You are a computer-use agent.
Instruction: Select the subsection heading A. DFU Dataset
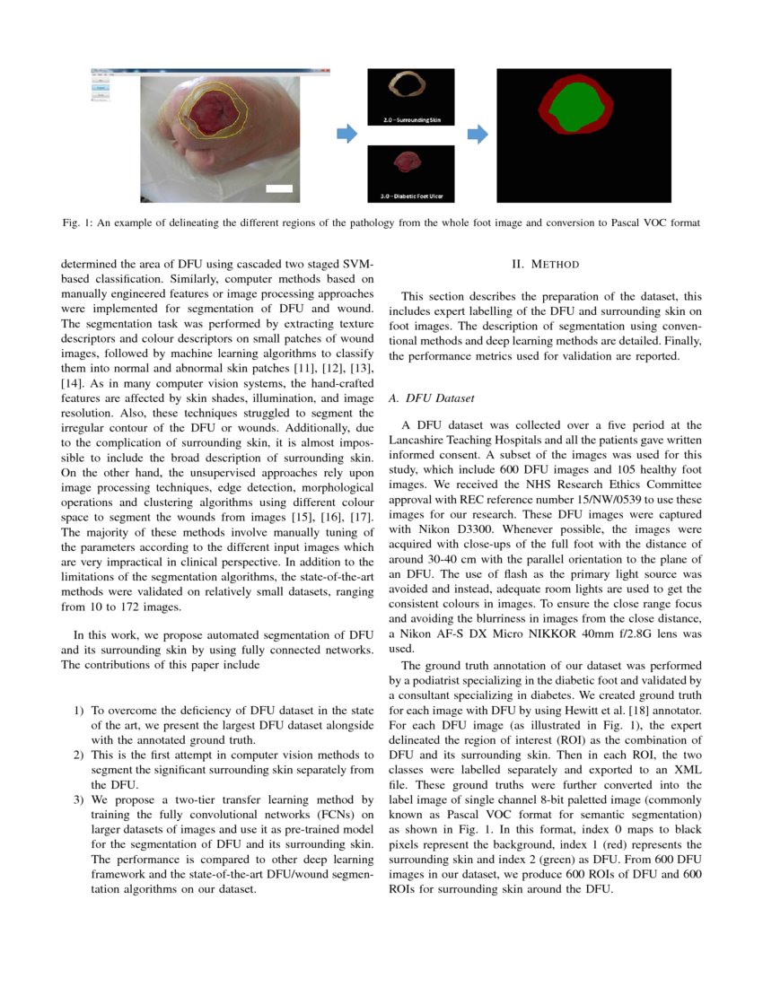click(429, 397)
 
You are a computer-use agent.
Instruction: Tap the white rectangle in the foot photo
click(280, 188)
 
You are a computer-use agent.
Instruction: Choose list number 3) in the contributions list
click(79, 798)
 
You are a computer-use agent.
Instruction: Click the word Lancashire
click(421, 440)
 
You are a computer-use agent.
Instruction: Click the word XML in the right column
click(688, 769)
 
